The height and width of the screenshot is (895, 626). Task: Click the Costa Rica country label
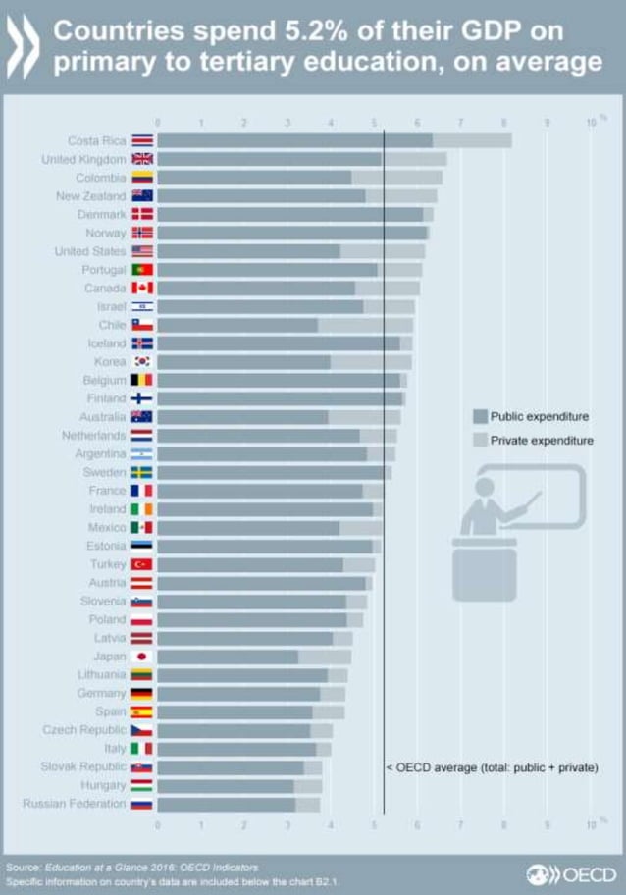pyautogui.click(x=97, y=141)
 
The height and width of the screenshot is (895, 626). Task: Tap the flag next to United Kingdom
pyautogui.click(x=142, y=159)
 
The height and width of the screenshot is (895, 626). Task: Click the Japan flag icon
pyautogui.click(x=142, y=657)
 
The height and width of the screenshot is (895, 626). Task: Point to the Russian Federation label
pyautogui.click(x=75, y=804)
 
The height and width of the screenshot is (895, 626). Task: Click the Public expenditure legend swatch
pyautogui.click(x=479, y=416)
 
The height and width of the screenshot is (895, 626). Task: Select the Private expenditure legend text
pyautogui.click(x=542, y=441)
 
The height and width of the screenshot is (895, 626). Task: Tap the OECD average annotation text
pyautogui.click(x=491, y=766)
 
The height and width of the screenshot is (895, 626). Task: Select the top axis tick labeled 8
pyautogui.click(x=504, y=123)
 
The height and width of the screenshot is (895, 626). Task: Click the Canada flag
pyautogui.click(x=142, y=288)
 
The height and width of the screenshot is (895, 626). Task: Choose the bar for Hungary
pyautogui.click(x=238, y=785)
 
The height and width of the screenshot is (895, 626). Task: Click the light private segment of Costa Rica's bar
pyautogui.click(x=472, y=141)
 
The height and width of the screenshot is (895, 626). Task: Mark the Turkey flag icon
pyautogui.click(x=142, y=564)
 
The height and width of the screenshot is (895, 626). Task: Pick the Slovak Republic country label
pyautogui.click(x=83, y=766)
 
